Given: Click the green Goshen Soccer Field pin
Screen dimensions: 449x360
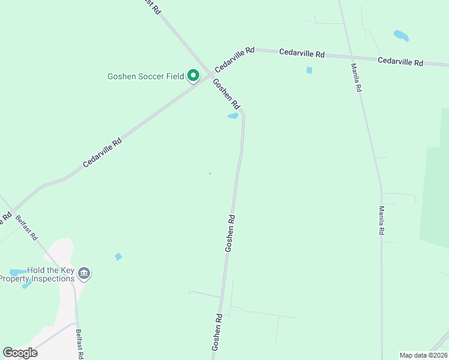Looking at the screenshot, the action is pyautogui.click(x=193, y=76).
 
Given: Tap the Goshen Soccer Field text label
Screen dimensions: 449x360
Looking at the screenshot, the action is pyautogui.click(x=145, y=76).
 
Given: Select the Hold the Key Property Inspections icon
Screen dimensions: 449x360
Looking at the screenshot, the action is pyautogui.click(x=83, y=274).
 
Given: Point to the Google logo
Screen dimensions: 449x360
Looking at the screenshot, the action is pyautogui.click(x=20, y=353).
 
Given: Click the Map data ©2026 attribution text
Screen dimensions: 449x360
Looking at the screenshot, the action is pyautogui.click(x=423, y=355).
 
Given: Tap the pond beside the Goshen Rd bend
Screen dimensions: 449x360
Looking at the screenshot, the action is pyautogui.click(x=233, y=116).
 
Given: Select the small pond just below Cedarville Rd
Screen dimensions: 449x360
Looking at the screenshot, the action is pyautogui.click(x=309, y=70).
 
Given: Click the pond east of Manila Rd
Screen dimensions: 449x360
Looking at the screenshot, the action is pyautogui.click(x=401, y=35).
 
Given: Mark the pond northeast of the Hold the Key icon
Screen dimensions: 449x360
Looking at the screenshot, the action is pyautogui.click(x=118, y=257).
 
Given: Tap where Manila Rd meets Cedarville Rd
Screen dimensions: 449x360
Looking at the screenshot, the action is pyautogui.click(x=350, y=56).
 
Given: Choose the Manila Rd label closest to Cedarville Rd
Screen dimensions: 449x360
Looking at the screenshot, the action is pyautogui.click(x=357, y=77).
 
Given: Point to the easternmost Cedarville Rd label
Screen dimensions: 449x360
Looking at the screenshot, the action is pyautogui.click(x=400, y=61).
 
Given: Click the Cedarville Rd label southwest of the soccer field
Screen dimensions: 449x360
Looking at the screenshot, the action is pyautogui.click(x=102, y=152).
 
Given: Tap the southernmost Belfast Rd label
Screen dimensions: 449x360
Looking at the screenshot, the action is pyautogui.click(x=80, y=344).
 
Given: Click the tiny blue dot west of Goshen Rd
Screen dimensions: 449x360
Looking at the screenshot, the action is pyautogui.click(x=209, y=173).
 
